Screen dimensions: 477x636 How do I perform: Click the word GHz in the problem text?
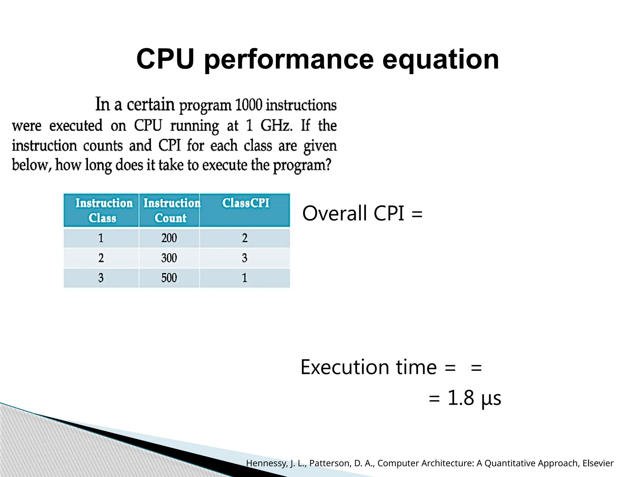(276, 125)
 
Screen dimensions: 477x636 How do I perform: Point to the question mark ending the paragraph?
(328, 164)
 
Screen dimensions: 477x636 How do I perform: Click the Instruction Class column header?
(103, 210)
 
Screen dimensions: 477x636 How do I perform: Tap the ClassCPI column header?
(245, 203)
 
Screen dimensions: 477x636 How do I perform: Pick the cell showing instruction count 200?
(169, 238)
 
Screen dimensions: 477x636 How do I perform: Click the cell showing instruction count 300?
(169, 258)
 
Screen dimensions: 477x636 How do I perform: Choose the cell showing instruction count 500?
(169, 278)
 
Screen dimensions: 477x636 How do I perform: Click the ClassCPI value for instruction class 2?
(244, 258)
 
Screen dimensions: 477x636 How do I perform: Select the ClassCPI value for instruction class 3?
(244, 278)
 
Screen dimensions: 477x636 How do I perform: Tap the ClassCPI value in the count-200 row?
(244, 238)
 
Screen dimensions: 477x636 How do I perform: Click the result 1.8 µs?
(474, 398)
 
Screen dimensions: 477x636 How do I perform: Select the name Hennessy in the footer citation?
(266, 463)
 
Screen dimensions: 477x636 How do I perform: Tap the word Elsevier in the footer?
(597, 463)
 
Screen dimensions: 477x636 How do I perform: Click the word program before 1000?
(205, 106)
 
